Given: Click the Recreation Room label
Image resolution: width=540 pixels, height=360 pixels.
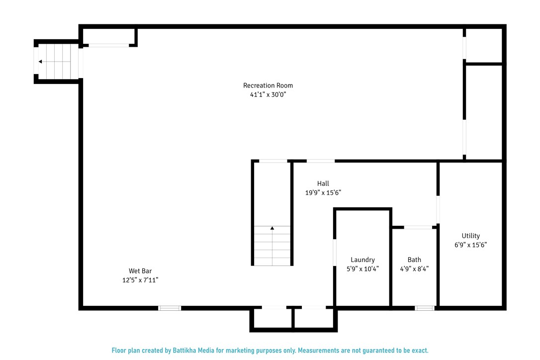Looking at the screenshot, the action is click(268, 86).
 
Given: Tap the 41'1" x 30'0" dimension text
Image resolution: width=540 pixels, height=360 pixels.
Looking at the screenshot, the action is click(268, 94).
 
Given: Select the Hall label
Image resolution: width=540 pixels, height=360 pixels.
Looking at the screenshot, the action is click(323, 183).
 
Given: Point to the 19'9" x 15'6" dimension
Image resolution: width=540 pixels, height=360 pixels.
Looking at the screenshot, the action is click(323, 192).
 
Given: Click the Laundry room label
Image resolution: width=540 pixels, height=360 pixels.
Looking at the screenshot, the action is click(362, 260).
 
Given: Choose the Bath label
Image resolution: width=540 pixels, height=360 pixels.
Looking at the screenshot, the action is click(414, 260).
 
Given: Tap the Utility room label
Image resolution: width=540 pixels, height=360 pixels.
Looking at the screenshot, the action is click(471, 236).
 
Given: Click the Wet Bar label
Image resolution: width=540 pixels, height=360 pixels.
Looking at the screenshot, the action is click(140, 271).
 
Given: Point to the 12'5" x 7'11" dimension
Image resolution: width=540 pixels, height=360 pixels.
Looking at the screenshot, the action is click(140, 280).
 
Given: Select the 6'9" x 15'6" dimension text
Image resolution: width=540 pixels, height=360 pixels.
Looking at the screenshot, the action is click(471, 245).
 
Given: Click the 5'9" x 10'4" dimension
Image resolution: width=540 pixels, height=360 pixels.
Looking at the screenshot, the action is click(362, 269).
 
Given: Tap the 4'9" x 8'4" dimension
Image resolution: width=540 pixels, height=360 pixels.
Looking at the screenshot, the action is click(414, 269).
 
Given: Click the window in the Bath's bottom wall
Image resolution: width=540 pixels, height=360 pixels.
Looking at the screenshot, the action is click(425, 308).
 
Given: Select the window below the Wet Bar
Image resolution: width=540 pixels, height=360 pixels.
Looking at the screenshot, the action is click(170, 308).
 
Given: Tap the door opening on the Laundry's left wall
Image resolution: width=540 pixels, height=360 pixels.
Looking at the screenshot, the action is click(335, 253).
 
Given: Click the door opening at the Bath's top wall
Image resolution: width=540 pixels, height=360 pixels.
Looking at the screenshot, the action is click(418, 227).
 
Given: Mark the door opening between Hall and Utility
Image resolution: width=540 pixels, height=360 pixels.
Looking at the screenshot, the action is click(438, 210).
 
